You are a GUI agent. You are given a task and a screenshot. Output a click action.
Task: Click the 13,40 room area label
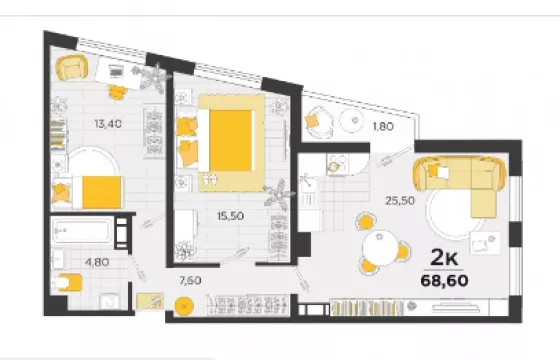[x=108, y=124]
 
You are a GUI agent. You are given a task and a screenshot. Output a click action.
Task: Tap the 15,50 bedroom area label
[x=231, y=216]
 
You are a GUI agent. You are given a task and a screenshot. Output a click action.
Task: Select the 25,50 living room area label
[x=400, y=201]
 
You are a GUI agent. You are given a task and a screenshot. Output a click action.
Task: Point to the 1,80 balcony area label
[x=383, y=126]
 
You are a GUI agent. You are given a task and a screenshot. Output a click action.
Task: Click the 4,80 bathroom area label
[x=97, y=262]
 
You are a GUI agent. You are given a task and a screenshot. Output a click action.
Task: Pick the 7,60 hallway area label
[x=190, y=280]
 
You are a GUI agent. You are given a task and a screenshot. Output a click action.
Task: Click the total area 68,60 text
[x=444, y=281]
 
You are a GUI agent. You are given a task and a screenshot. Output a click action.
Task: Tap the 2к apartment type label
[x=444, y=257]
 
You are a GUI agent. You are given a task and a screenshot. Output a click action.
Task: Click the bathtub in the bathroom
[x=82, y=231]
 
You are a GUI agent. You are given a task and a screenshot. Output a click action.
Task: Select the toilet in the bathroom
[x=68, y=283]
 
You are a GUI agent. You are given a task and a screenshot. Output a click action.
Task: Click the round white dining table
[x=380, y=248]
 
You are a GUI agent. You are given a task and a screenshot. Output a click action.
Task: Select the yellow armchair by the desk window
[x=72, y=68]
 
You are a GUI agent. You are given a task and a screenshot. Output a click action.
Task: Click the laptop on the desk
[x=115, y=70]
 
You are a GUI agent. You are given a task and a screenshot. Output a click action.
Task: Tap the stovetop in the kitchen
[x=336, y=164]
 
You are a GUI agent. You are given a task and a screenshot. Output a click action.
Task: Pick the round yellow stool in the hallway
[x=184, y=306]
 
